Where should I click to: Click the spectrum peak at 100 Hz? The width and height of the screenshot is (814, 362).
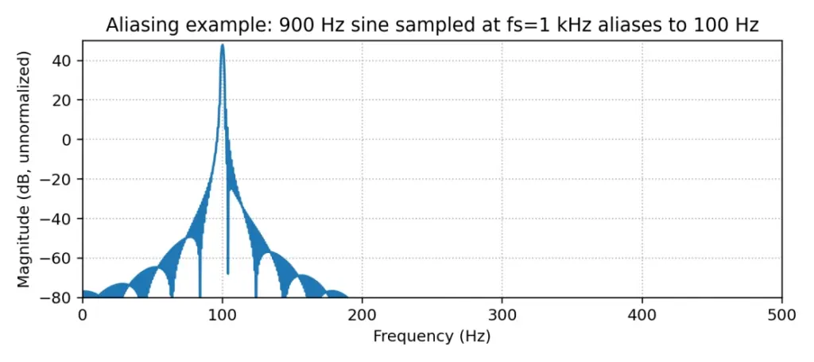pos(223,45)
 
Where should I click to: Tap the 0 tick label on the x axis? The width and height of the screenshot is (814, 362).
pos(83,314)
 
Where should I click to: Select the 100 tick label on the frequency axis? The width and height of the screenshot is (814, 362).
pos(223,314)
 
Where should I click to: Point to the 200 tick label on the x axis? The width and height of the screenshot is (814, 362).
pos(362,314)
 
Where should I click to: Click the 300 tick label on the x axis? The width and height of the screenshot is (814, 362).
pos(502,314)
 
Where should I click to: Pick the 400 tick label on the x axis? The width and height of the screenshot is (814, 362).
pos(642,314)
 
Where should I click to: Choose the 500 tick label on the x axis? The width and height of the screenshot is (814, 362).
pos(782,314)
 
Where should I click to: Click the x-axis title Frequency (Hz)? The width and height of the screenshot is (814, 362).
pos(432,336)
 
